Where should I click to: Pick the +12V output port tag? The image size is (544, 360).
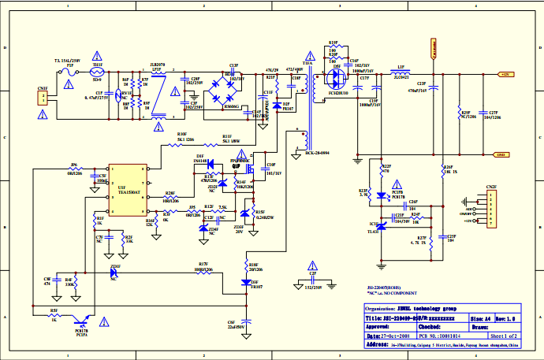click(x=505, y=73)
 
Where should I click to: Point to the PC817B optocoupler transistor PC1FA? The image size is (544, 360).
click(x=80, y=318)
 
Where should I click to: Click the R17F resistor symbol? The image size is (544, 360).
click(x=203, y=270)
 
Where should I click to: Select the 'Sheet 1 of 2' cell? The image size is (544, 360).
click(x=499, y=333)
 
